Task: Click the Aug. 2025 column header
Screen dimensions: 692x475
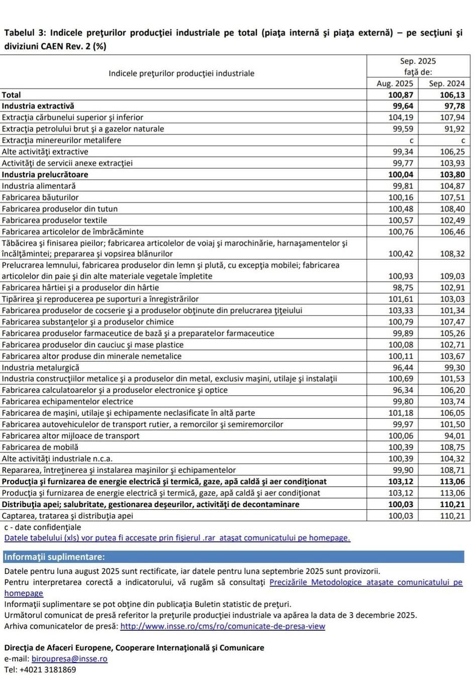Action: (x=395, y=83)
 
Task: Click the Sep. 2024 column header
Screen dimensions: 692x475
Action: (x=446, y=83)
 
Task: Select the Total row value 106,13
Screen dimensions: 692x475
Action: (x=452, y=95)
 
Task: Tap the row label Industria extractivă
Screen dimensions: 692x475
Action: (x=38, y=106)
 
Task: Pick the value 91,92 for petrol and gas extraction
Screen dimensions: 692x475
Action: (x=454, y=129)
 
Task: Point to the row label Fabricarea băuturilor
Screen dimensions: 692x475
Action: (x=40, y=197)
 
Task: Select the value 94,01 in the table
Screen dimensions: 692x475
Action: (x=454, y=436)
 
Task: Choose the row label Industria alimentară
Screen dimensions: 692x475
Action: (x=39, y=186)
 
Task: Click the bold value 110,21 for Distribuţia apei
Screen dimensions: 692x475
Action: (x=452, y=504)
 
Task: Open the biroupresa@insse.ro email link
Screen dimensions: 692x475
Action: (x=69, y=659)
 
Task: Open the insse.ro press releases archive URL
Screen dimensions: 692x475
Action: (x=223, y=626)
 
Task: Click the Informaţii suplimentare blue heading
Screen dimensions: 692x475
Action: (x=55, y=557)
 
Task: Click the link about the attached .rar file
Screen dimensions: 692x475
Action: (x=177, y=538)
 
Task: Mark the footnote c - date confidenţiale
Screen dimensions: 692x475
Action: (x=42, y=527)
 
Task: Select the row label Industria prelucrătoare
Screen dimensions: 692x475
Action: (x=45, y=175)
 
